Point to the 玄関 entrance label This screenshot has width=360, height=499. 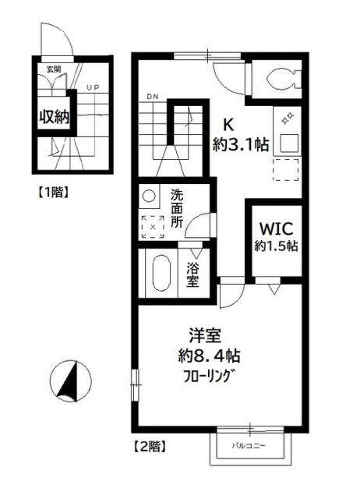pos(53,70)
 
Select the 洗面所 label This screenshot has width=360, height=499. pos(177,209)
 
